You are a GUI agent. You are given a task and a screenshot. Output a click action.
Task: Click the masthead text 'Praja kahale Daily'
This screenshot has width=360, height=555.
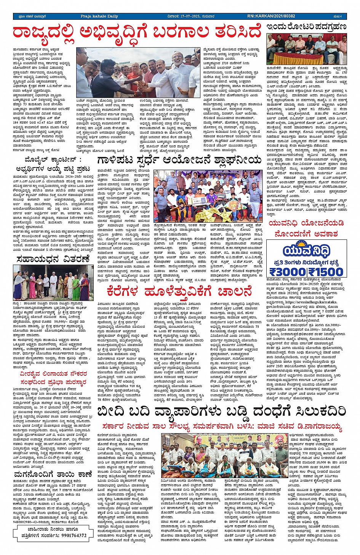click(x=99, y=16)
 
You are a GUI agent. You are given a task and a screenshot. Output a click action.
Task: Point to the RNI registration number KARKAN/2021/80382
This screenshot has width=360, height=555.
click(x=271, y=16)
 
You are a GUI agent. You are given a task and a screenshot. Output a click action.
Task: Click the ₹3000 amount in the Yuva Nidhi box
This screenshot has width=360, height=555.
click(x=288, y=272)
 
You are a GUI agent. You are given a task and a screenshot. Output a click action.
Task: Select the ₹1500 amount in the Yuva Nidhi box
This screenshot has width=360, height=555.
click(x=326, y=272)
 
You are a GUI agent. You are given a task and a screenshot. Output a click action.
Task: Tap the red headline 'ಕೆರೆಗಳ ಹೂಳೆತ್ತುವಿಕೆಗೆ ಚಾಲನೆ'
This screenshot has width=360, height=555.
click(x=179, y=292)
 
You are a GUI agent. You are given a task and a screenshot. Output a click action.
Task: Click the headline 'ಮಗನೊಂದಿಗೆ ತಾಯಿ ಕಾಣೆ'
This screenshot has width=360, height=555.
click(x=53, y=475)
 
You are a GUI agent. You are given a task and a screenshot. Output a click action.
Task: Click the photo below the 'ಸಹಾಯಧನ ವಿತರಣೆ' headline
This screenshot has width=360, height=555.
click(x=53, y=282)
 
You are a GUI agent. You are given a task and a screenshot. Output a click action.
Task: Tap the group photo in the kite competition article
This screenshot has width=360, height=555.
click(x=208, y=196)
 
